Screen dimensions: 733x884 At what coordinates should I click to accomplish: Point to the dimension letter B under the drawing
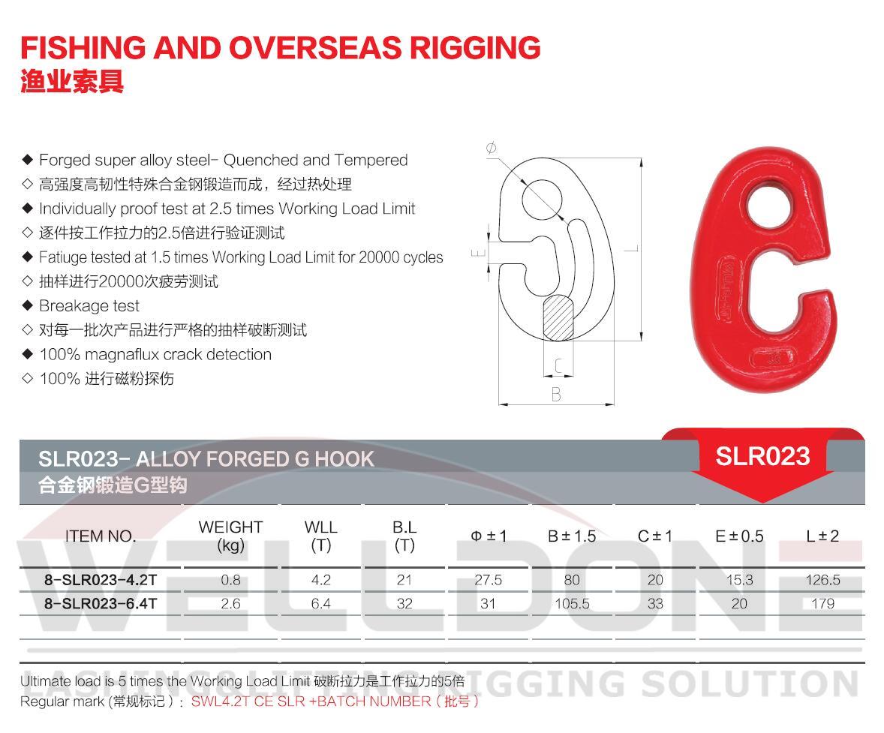[556, 395]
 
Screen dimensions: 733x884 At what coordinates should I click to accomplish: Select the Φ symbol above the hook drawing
[492, 149]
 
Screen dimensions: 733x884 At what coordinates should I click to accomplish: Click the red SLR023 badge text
[762, 456]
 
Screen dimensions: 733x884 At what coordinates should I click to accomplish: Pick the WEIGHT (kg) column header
[230, 536]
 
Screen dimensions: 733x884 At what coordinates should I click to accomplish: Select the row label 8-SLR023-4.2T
[101, 580]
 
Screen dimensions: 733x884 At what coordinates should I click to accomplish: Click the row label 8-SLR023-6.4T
[101, 604]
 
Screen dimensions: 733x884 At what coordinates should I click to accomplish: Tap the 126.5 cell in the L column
[822, 580]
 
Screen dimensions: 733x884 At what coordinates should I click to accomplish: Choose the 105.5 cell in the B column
[571, 604]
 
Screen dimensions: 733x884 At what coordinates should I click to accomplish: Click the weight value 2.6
[230, 604]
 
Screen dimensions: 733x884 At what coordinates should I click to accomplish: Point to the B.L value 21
[404, 580]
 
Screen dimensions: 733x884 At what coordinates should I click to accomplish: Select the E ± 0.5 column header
[738, 536]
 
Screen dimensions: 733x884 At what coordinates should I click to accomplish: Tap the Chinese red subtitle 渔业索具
[72, 83]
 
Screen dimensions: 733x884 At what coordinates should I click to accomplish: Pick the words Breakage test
[89, 306]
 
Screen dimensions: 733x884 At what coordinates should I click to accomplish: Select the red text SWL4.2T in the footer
[218, 701]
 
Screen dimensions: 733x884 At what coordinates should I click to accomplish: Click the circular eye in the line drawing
[543, 197]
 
